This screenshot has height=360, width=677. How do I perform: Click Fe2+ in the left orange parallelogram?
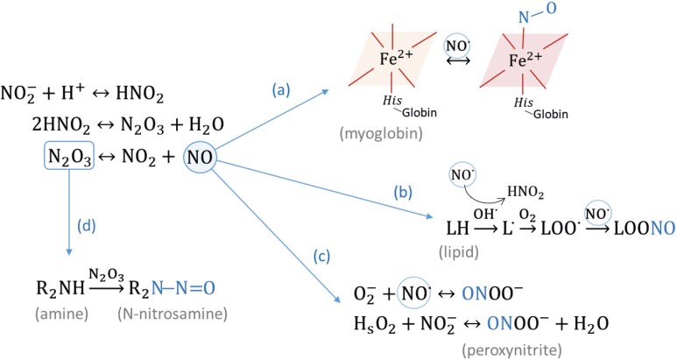click(395, 61)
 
